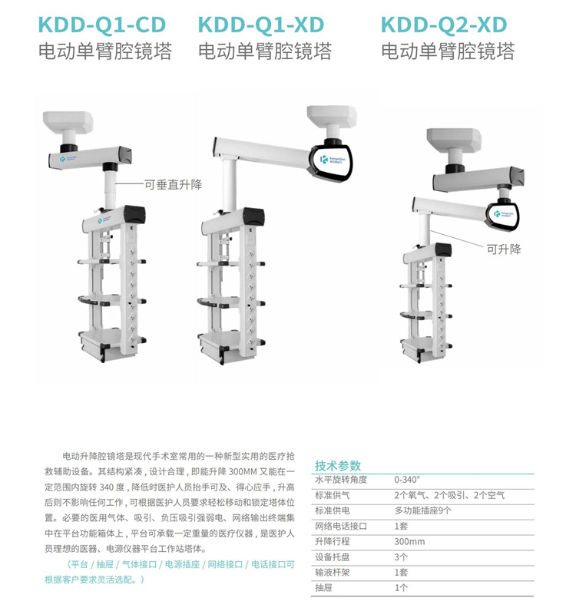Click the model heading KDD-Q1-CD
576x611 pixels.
click(102, 25)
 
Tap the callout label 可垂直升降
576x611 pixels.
click(173, 184)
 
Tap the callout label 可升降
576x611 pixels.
click(504, 249)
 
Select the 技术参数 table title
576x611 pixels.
click(337, 466)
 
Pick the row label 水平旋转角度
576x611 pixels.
click(341, 480)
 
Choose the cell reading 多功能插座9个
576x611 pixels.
click(422, 510)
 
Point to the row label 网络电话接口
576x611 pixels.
click(341, 526)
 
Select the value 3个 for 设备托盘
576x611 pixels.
click(401, 557)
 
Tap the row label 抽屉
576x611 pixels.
click(325, 587)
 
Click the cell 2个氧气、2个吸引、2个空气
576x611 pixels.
click(449, 495)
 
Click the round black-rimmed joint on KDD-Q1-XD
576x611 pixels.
click(333, 163)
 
